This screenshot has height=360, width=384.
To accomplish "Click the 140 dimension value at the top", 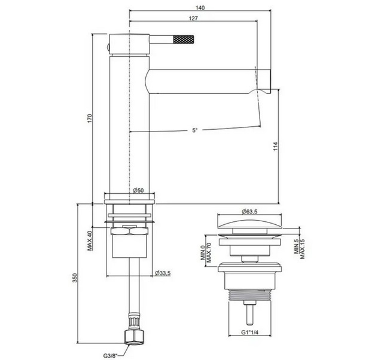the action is pos(200,8).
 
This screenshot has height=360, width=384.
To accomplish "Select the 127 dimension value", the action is pos(193,19).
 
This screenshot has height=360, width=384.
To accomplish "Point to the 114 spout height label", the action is pos(276,146).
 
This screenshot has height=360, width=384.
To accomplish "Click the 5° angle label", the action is pos(194,130).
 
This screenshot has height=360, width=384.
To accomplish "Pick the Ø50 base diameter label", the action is pos(138,190).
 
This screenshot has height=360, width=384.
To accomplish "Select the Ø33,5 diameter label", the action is pos(163,273).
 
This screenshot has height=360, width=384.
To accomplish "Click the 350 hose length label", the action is pos(75,278).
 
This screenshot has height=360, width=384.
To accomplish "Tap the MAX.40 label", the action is pos(90,241).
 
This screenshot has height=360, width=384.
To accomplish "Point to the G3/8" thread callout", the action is pos(110,355).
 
